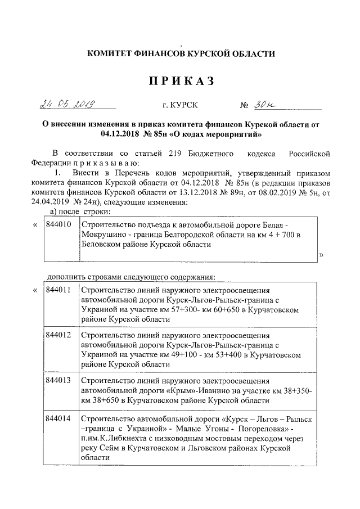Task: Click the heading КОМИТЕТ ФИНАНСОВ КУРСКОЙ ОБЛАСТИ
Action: point(181,54)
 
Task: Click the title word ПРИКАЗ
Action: point(181,82)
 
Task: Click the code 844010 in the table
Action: point(57,225)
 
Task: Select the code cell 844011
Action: point(57,290)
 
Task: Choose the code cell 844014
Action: point(57,419)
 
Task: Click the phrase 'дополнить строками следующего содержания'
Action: point(132,276)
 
